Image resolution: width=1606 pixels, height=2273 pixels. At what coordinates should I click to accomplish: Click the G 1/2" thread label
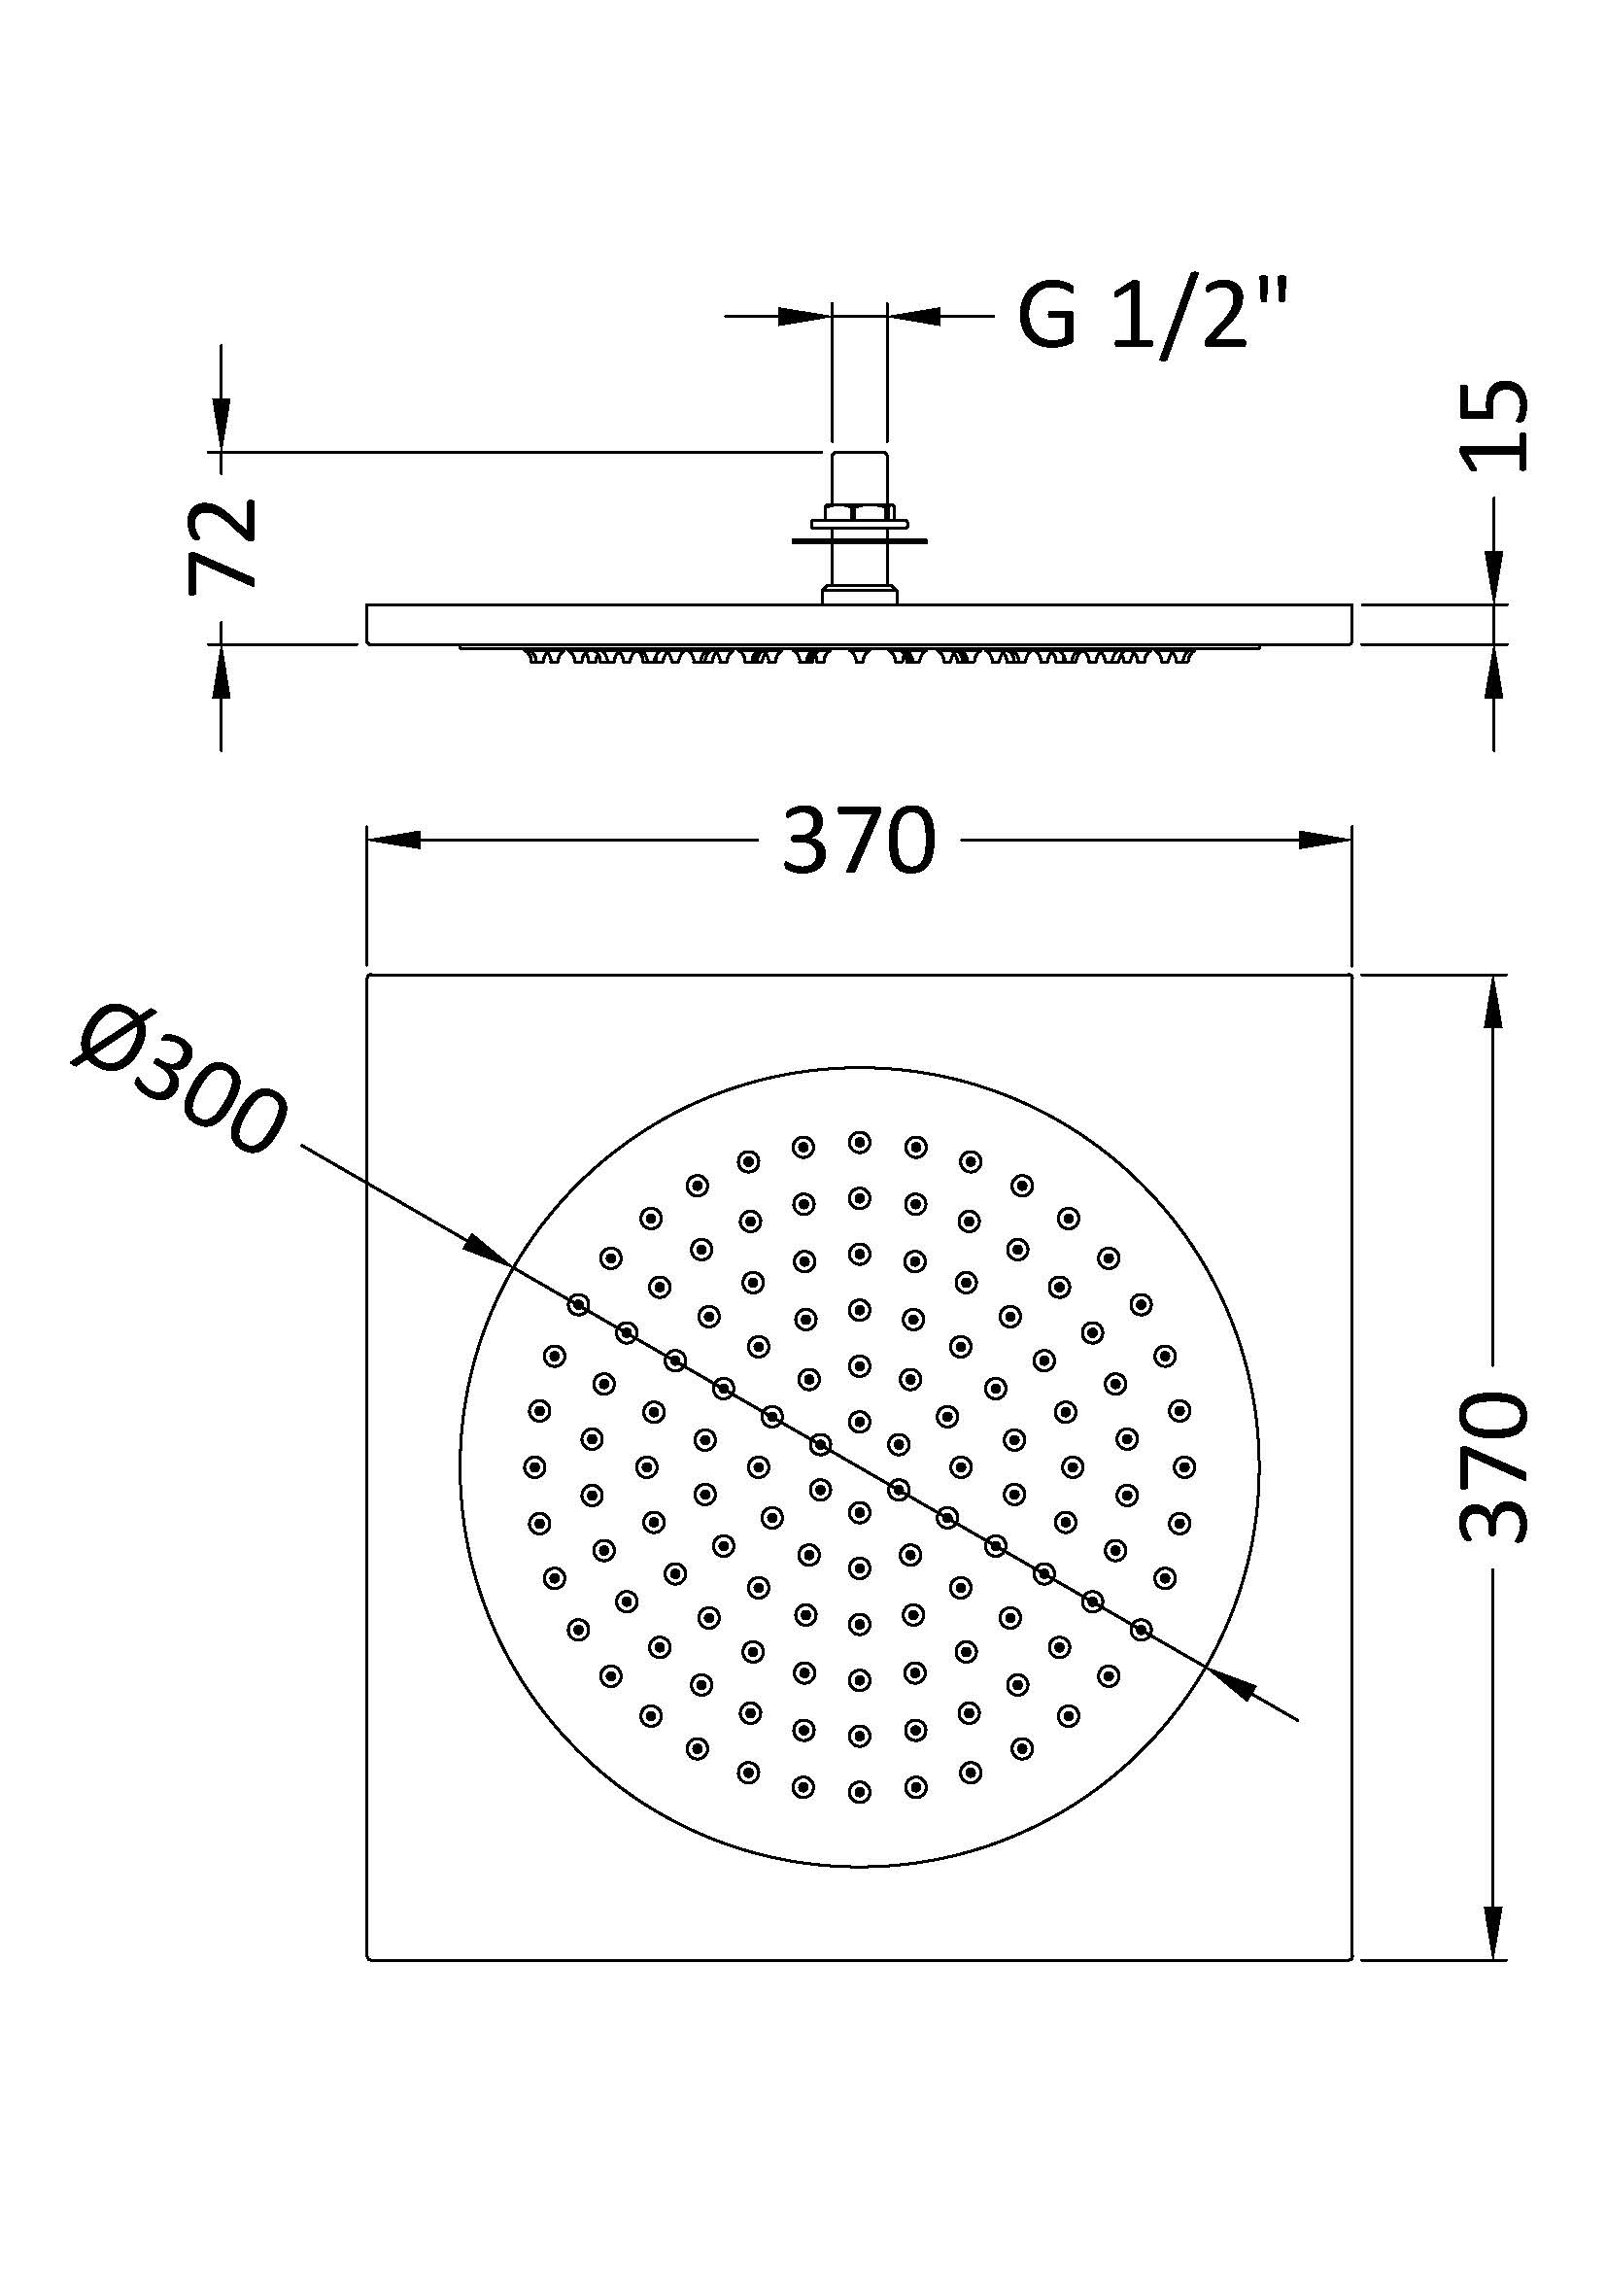pos(1153,316)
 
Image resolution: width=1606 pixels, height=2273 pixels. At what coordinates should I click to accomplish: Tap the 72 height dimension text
pos(222,545)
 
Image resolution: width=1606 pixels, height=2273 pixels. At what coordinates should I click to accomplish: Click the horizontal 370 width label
pos(858,841)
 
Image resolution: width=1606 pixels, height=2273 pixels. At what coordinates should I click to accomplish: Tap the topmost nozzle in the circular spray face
pos(859,1143)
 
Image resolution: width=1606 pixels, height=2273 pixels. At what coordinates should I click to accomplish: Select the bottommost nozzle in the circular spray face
pos(859,1791)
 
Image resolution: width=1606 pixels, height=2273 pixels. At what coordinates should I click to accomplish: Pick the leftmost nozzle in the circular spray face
pos(535,1466)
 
